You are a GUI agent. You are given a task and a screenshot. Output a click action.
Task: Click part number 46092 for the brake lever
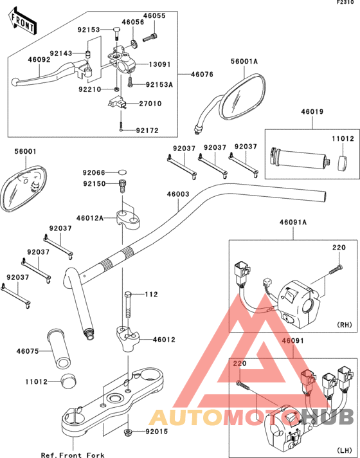pos(39,60)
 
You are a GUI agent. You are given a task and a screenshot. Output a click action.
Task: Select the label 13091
pos(159,64)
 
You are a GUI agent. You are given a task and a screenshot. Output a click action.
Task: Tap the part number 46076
pos(202,75)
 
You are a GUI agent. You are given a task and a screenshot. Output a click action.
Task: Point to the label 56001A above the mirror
pos(244,61)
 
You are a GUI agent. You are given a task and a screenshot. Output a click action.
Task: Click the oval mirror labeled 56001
pos(22,187)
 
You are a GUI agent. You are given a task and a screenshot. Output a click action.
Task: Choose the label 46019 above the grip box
pos(312,111)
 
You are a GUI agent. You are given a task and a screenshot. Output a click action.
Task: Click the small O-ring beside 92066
pos(123,172)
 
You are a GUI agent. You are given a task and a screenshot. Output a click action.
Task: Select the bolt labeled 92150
pos(122,186)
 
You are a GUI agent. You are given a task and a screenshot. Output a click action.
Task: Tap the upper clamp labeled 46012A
pos(129,217)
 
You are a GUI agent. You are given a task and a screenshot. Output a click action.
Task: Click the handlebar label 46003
pos(178,194)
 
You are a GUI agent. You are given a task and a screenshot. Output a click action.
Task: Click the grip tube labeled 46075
pos(59,348)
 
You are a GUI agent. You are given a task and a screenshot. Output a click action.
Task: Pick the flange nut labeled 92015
pos(127,432)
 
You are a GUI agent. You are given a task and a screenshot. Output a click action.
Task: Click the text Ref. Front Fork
pos(73,455)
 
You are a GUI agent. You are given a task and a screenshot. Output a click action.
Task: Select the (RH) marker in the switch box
pos(345,325)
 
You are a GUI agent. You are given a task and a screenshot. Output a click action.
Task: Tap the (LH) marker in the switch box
pos(345,450)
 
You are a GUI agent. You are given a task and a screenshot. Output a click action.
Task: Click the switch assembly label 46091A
pos(293,223)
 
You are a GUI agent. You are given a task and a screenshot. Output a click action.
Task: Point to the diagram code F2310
pos(345,3)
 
